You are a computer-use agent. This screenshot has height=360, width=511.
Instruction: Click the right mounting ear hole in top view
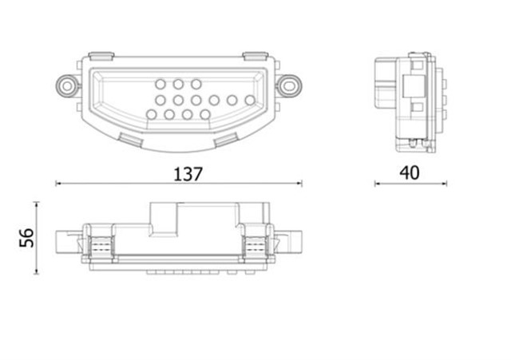[291, 82]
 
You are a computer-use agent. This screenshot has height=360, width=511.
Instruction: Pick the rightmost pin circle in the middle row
[250, 100]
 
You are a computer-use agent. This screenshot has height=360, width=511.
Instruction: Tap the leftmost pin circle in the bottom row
[149, 115]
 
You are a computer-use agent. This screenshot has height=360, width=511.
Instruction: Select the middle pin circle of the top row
[178, 84]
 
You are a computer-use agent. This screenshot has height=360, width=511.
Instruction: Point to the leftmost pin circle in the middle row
[160, 100]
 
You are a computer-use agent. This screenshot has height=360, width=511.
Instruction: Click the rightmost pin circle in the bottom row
[205, 115]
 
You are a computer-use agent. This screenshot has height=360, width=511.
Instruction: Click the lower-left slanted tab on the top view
[129, 139]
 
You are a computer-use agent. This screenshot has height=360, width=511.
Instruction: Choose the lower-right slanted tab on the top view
[226, 139]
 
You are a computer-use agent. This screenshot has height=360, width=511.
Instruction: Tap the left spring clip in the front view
[99, 246]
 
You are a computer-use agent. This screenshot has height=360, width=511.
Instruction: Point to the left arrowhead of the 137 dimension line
[58, 184]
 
